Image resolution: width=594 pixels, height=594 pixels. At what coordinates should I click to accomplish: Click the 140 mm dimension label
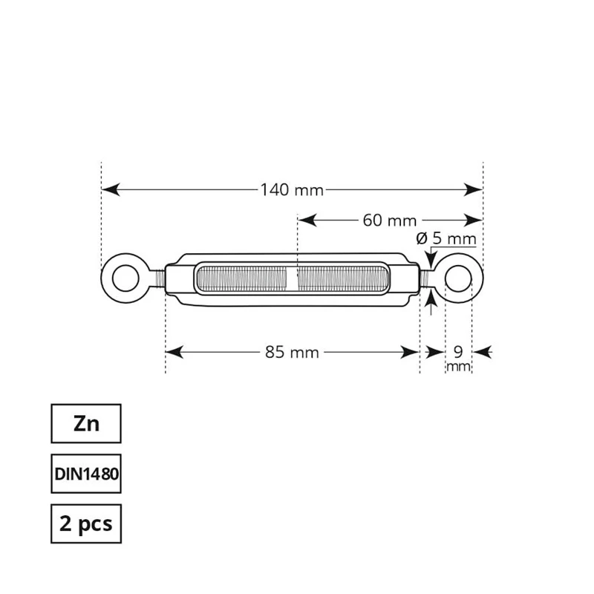(292, 190)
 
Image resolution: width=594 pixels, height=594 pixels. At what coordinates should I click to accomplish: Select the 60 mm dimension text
(389, 221)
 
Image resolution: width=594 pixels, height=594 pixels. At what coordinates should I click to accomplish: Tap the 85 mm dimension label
(292, 353)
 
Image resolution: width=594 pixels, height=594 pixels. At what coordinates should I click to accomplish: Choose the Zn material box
(86, 424)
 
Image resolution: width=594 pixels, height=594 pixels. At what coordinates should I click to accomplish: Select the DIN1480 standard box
(86, 473)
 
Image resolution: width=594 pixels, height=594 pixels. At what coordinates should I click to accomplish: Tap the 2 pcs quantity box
(86, 523)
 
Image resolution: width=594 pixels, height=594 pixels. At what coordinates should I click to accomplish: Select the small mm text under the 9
(459, 368)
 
